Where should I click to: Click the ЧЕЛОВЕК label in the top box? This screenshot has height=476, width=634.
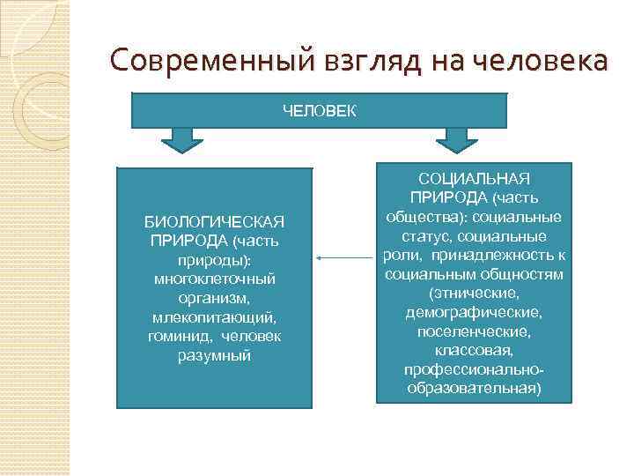tap(319, 110)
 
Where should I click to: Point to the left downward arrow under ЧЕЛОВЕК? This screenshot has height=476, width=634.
tap(182, 138)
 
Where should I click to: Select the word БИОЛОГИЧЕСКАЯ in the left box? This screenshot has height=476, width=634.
tap(215, 220)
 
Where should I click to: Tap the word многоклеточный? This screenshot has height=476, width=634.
tap(215, 279)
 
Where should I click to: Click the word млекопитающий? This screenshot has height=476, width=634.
tap(215, 317)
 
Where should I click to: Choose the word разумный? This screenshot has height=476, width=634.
tap(215, 356)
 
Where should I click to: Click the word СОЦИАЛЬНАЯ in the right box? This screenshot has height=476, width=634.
tap(474, 179)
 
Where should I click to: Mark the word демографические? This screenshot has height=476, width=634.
tap(474, 314)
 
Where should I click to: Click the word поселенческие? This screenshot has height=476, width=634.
tap(474, 332)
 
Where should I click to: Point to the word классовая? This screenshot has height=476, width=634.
tap(474, 352)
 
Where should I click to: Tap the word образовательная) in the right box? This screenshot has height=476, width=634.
tap(474, 389)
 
